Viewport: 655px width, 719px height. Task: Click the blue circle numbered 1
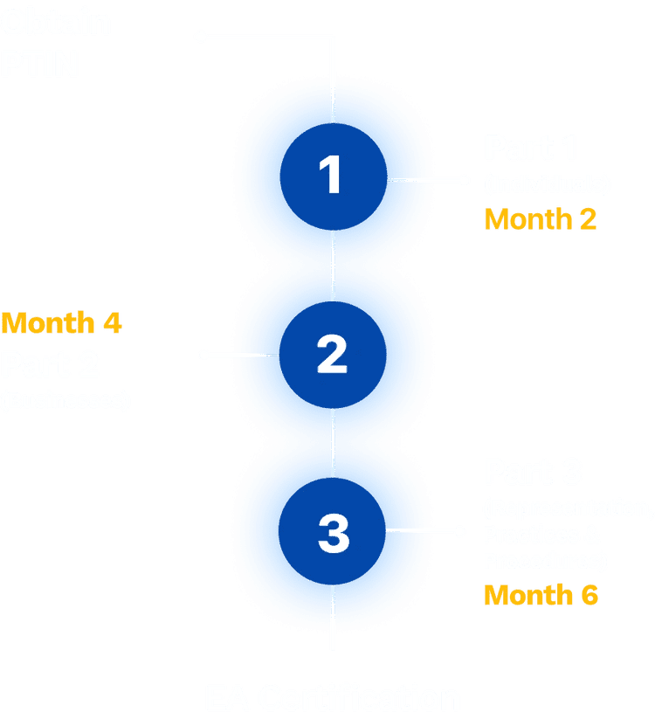point(333,176)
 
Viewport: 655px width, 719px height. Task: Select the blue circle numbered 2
point(333,354)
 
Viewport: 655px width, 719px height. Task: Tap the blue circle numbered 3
point(333,530)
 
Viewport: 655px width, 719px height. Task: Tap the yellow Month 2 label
point(541,219)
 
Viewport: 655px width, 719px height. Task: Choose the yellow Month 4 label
point(61,323)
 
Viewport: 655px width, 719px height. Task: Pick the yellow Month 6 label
point(541,596)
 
